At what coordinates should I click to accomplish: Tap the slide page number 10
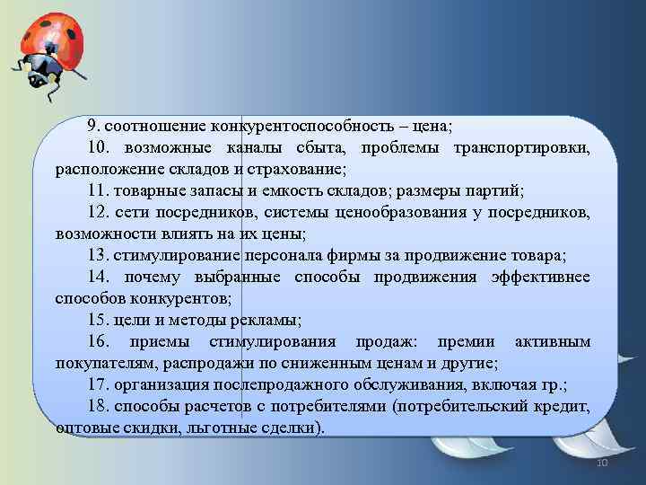pos(602,462)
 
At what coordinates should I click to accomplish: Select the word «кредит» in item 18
pos(565,407)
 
